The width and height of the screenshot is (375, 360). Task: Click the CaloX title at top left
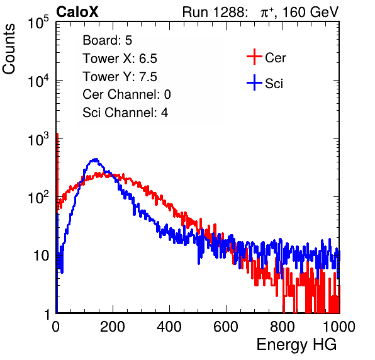[x=77, y=12]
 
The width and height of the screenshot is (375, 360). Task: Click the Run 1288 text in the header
[x=214, y=12]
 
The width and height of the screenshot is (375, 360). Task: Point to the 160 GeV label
[x=310, y=12]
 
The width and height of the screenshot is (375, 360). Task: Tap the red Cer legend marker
[x=254, y=57]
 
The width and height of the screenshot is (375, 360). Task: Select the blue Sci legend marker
[x=254, y=82]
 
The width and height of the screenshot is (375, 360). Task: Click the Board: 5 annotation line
[x=108, y=40]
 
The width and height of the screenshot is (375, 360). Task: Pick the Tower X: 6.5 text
[x=120, y=59]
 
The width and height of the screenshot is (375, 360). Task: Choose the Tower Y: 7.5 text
[x=120, y=77]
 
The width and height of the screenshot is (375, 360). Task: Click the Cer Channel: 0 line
[x=126, y=94]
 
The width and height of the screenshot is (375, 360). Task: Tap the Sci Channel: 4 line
[x=125, y=113]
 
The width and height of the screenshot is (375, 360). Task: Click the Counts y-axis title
[x=9, y=49]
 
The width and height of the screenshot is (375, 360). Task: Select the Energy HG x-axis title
[x=296, y=345]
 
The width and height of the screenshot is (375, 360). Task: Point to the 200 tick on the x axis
[x=113, y=327]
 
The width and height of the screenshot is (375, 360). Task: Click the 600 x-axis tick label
[x=226, y=327]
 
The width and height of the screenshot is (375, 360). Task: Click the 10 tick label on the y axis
[x=42, y=256]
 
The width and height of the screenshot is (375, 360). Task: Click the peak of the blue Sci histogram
[x=96, y=159]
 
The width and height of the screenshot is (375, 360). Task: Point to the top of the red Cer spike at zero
[x=57, y=134]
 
